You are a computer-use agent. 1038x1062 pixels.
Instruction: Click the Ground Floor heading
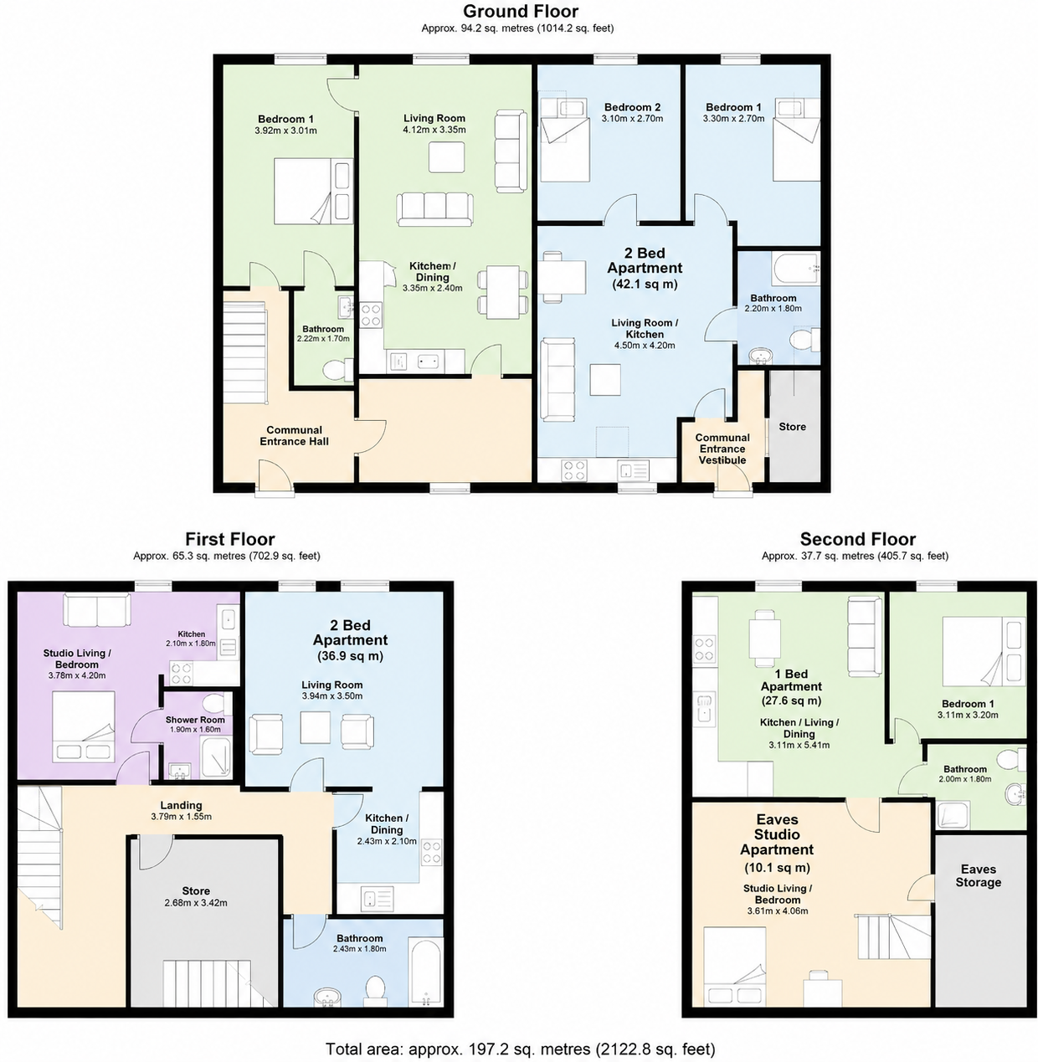[521, 11]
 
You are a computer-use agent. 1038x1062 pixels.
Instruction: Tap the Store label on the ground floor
[792, 427]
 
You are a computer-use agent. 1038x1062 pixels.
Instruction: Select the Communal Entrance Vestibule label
[722, 449]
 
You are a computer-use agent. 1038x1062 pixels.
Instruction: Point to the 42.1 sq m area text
[645, 284]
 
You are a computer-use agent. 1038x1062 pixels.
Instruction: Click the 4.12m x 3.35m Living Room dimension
[434, 130]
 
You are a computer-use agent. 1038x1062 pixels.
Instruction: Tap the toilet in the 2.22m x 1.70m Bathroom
[337, 371]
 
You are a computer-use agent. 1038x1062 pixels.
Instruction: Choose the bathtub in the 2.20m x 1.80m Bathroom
[796, 269]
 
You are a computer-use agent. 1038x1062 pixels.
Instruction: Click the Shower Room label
[195, 720]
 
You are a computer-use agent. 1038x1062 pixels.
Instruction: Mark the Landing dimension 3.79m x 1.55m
[181, 817]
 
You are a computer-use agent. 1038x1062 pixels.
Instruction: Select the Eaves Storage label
[979, 875]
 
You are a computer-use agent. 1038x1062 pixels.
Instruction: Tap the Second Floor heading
[857, 539]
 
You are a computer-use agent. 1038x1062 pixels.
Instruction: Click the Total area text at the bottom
[520, 1049]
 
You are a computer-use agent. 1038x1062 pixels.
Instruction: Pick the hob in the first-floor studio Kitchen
[182, 674]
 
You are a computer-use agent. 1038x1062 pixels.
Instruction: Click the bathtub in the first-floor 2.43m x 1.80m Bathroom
[426, 972]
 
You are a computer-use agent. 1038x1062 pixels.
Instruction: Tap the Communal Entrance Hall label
[294, 436]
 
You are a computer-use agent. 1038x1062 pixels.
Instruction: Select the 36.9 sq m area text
[350, 656]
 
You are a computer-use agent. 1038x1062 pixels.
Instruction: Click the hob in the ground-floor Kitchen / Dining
[370, 315]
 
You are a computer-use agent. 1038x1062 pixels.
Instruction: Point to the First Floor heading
[229, 539]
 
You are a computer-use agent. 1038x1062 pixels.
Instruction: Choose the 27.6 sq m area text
[791, 700]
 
